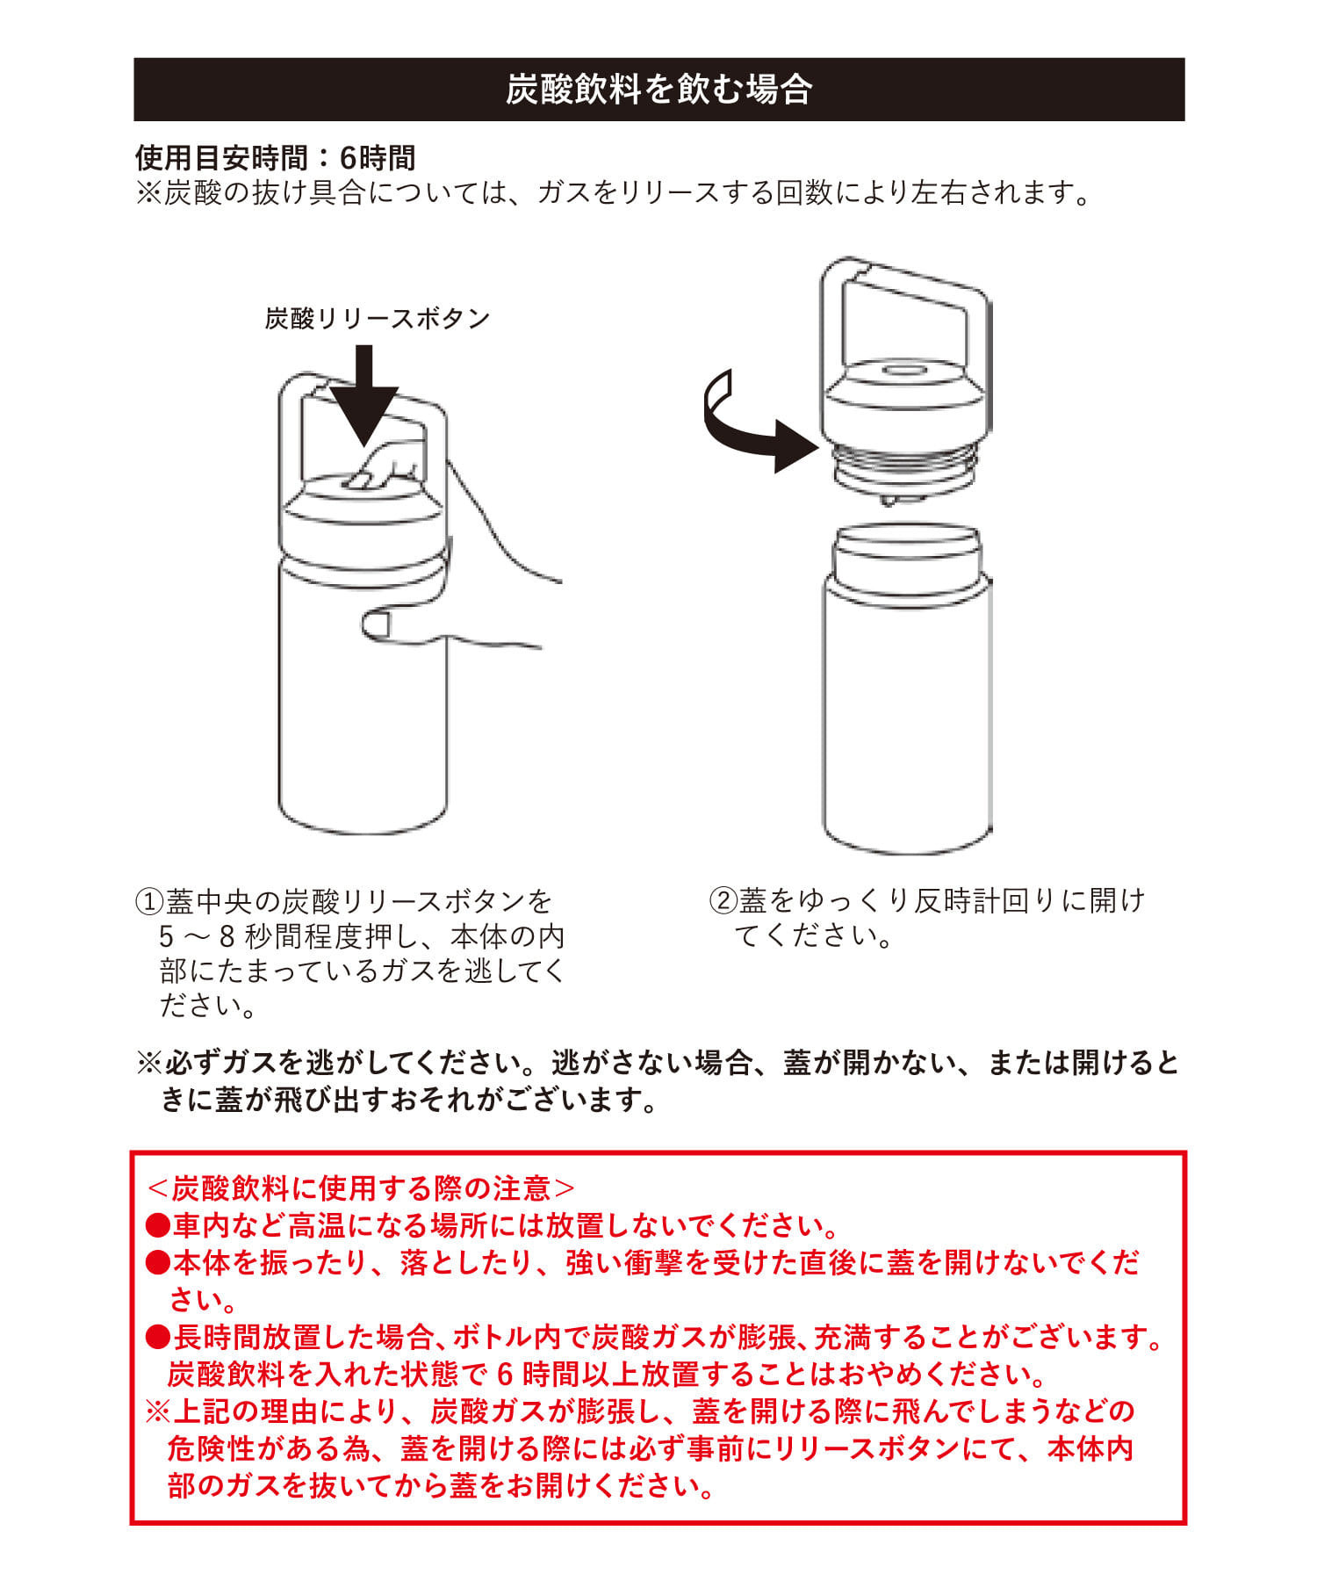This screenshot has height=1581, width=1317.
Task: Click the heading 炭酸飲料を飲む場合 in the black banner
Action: [x=658, y=90]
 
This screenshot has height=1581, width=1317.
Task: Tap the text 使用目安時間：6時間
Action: [x=275, y=158]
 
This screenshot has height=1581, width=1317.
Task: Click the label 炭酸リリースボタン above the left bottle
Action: [x=378, y=318]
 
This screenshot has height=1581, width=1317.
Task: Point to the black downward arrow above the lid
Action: [x=364, y=395]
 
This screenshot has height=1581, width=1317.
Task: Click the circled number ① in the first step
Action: [x=149, y=901]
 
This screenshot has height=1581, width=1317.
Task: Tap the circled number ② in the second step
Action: [x=723, y=901]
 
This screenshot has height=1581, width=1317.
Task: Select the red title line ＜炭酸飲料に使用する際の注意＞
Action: [x=361, y=1188]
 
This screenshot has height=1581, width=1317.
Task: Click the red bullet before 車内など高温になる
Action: [x=158, y=1224]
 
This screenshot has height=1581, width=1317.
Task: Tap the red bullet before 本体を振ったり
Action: [x=158, y=1262]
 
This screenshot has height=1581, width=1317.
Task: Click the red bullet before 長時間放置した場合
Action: [x=158, y=1337]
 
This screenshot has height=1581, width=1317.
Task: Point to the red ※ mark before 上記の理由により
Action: [x=158, y=1411]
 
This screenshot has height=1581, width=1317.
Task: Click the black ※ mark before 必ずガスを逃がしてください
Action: [x=148, y=1064]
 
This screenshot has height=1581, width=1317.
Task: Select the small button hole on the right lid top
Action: [x=904, y=369]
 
